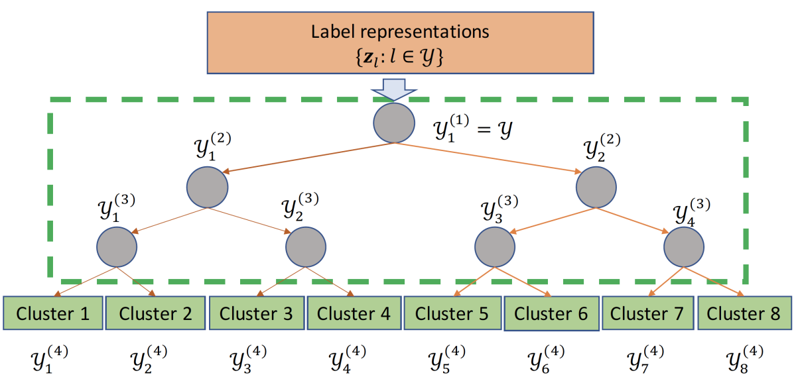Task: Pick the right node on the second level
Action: point(595,187)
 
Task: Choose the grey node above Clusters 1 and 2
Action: point(117,246)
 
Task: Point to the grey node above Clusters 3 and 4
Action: point(306,246)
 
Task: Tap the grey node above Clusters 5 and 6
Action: point(495,246)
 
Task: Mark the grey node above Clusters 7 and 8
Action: point(684,246)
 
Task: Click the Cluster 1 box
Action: point(53,313)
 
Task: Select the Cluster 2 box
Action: point(155,313)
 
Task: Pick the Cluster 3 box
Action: point(256,313)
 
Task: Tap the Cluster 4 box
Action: point(354,313)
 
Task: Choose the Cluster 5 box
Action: point(452,313)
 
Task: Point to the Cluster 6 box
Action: point(551,313)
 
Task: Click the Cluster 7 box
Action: point(647,313)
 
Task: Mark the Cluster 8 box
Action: point(744,313)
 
